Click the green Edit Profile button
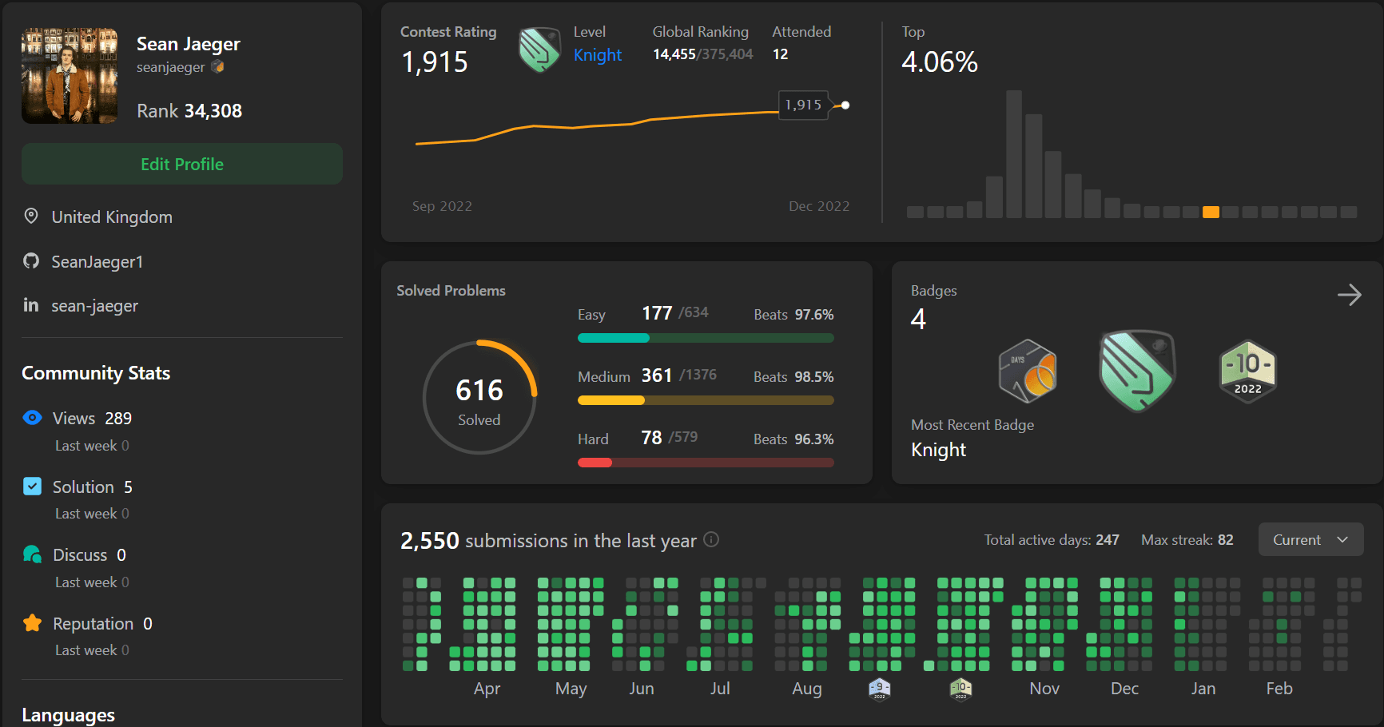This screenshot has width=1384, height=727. (x=182, y=164)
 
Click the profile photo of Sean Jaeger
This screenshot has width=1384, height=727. (x=70, y=76)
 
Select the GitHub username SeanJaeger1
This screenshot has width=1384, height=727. (x=97, y=262)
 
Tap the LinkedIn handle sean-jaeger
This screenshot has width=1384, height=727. (x=94, y=306)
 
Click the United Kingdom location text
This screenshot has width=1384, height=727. (x=112, y=217)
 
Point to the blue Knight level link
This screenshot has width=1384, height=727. (x=597, y=55)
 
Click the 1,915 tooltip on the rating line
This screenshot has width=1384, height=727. (x=803, y=105)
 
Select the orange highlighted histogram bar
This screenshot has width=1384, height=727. (x=1211, y=212)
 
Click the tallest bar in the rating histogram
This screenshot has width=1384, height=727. (x=1014, y=153)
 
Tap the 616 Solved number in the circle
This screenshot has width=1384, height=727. (x=479, y=391)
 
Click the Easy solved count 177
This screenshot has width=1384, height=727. (x=657, y=313)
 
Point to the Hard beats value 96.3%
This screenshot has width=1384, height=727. (x=813, y=439)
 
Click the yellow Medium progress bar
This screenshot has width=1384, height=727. (x=611, y=400)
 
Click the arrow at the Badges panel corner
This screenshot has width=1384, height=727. (x=1349, y=295)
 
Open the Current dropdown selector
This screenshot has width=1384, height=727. (x=1310, y=540)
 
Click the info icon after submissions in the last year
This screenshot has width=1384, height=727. (x=711, y=540)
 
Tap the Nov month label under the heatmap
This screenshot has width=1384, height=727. (x=1044, y=689)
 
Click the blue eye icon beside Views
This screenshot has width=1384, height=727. (x=32, y=418)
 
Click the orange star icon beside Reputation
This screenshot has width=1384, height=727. (x=32, y=623)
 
